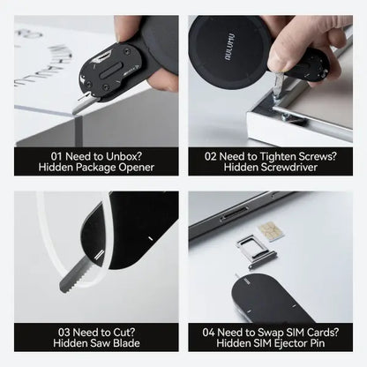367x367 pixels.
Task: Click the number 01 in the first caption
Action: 56,156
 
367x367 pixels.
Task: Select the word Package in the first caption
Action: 96,168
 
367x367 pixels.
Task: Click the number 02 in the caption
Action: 211,156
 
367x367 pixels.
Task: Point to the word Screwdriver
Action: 271,168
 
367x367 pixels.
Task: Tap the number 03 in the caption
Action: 64,333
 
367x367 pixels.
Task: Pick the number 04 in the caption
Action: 209,333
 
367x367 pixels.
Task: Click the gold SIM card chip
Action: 271,231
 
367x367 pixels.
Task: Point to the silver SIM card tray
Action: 258,251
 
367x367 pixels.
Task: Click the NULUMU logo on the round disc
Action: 229,47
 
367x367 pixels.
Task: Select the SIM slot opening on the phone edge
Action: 235,213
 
